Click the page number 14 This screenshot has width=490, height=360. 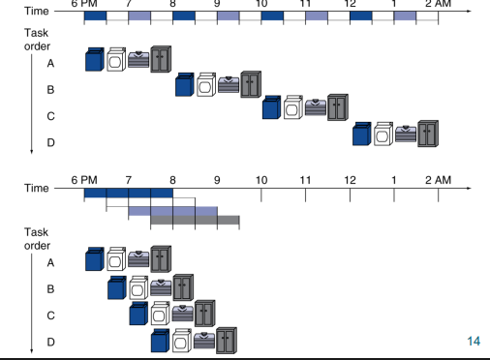pos(474,341)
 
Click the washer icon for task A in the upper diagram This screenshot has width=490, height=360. pos(95,59)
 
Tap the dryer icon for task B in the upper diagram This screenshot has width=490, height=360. pos(206,84)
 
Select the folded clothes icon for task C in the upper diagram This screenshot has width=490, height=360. pos(316,107)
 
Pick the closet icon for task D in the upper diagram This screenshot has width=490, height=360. pos(428,134)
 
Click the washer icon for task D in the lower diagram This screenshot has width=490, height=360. pos(160,341)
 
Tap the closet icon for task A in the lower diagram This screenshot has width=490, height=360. pos(161,258)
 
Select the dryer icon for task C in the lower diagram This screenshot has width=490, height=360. pos(161,314)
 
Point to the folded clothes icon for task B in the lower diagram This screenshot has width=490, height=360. pos(161,287)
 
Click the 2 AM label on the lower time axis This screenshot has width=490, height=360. pos(438,180)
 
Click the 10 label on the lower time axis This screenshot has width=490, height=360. pos(261,180)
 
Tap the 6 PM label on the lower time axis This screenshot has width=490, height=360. pos(84,180)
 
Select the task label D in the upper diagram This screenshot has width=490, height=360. pos(50,142)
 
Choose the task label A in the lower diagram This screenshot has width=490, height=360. pos(50,263)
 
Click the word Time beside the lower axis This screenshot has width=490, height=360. pos(37,188)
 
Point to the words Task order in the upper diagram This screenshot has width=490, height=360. pos(37,40)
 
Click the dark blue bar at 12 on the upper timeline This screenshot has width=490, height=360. pos(361,15)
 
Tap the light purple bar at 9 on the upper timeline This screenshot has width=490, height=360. pos(229,15)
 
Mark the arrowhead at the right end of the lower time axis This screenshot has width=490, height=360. pos(470,188)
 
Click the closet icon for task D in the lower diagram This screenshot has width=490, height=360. pos(227,341)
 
